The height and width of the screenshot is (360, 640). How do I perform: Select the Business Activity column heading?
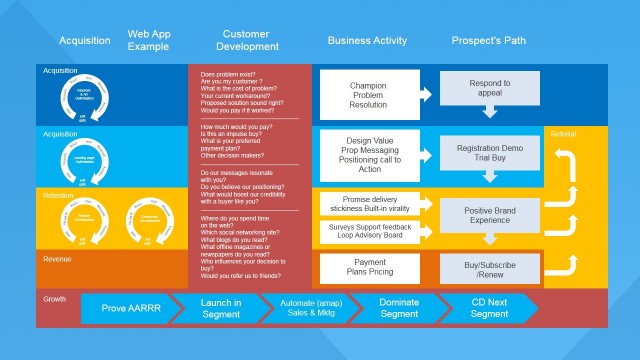pyautogui.click(x=367, y=41)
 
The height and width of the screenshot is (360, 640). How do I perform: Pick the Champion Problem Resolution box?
pyautogui.click(x=367, y=95)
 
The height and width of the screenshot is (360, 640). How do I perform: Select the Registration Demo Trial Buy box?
pyautogui.click(x=489, y=151)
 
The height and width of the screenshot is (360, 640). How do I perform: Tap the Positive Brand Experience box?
pyautogui.click(x=489, y=213)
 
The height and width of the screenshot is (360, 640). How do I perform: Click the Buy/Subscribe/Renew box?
pyautogui.click(x=489, y=267)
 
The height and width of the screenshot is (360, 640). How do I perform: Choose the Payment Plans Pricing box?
pyautogui.click(x=367, y=267)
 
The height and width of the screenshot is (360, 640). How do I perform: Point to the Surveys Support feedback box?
pyautogui.click(x=367, y=230)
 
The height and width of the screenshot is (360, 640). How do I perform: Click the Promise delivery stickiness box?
pyautogui.click(x=367, y=204)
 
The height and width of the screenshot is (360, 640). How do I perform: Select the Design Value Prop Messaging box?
pyautogui.click(x=367, y=153)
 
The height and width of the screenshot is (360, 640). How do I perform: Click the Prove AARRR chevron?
pyautogui.click(x=127, y=309)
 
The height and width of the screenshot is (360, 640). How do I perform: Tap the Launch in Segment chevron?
pyautogui.click(x=220, y=309)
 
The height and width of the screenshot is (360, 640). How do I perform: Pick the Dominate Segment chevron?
pyautogui.click(x=399, y=309)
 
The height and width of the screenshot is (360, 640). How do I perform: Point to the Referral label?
pyautogui.click(x=563, y=132)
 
